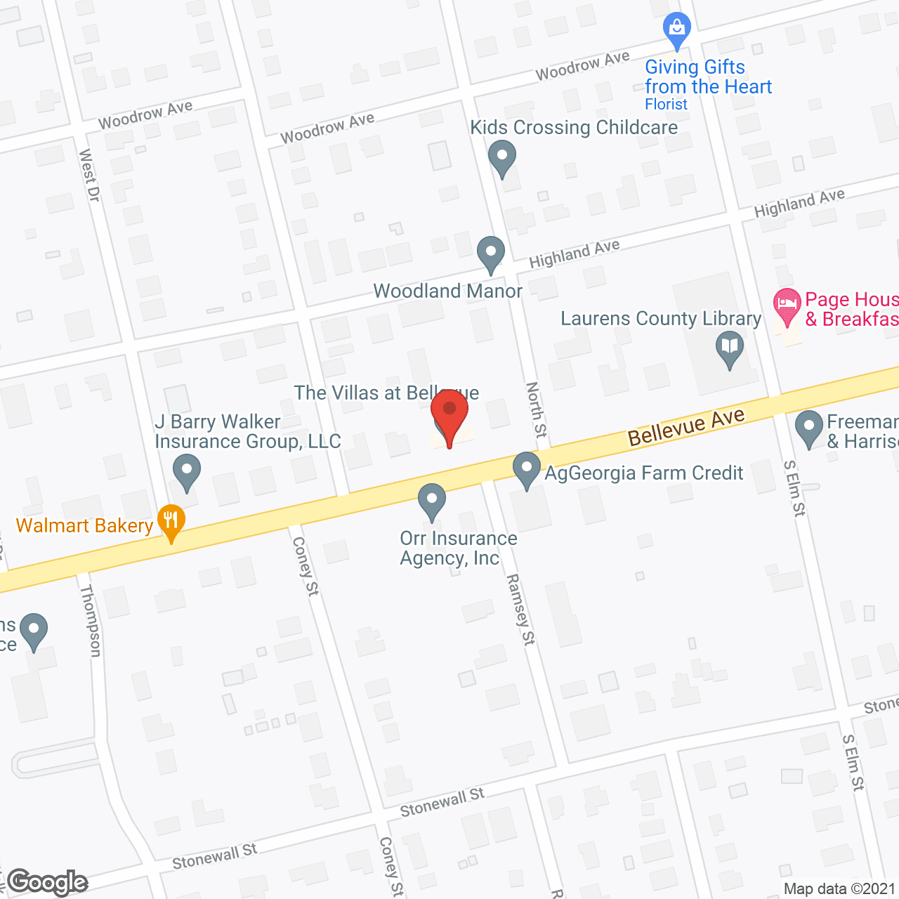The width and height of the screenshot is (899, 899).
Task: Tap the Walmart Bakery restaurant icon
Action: [171, 521]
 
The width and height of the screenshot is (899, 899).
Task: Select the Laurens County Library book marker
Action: [730, 348]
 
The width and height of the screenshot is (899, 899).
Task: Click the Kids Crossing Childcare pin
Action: [501, 157]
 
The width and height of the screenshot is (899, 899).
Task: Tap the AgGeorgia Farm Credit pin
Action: [527, 468]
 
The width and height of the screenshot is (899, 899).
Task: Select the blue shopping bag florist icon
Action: [677, 29]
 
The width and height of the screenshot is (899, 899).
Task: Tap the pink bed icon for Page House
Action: [787, 306]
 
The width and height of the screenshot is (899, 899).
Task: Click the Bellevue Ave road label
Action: [686, 426]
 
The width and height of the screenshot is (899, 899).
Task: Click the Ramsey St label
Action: [520, 609]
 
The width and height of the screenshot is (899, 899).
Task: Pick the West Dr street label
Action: [89, 175]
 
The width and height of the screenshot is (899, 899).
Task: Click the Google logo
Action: [48, 882]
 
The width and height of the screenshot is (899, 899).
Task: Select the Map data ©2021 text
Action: [839, 889]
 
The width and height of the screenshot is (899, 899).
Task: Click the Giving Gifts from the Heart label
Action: [708, 77]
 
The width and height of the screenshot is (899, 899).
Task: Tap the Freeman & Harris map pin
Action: [808, 426]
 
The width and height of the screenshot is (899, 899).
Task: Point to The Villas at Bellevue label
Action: [386, 393]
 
